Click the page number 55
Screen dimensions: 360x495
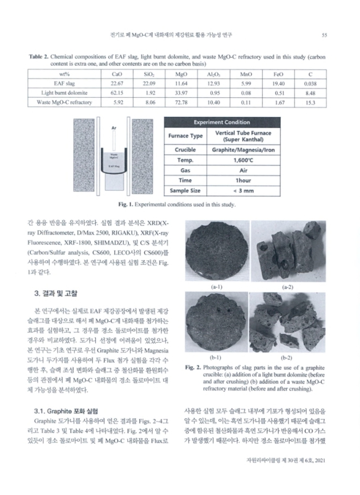332,35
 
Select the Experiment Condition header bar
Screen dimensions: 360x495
210,122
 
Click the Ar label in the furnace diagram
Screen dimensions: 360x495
114,129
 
